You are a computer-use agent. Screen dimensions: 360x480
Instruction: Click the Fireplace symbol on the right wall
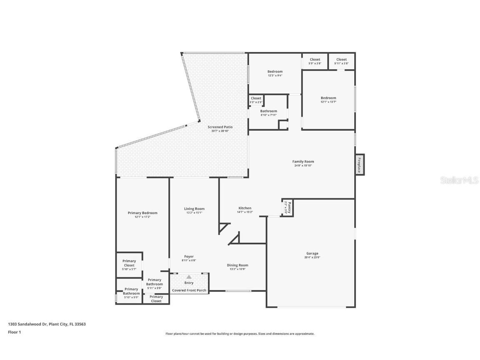pyautogui.click(x=359, y=165)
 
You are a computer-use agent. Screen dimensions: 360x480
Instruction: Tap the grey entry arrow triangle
pyautogui.click(x=189, y=277)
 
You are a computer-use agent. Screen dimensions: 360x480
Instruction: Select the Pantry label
pyautogui.click(x=287, y=207)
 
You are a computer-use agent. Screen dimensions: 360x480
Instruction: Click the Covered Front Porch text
pyautogui.click(x=189, y=290)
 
